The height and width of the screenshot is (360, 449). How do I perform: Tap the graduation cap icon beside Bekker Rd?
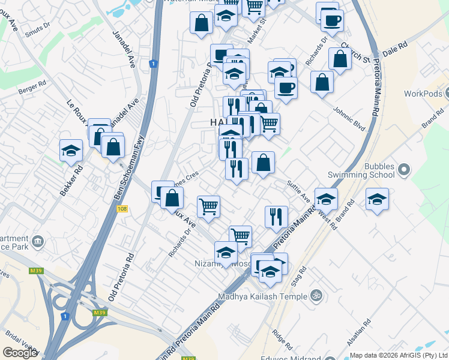click(71, 150)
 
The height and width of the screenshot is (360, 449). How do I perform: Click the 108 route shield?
click(122, 208)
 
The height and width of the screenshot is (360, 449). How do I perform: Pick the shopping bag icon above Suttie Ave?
click(263, 161)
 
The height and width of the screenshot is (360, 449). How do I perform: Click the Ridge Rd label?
click(282, 339)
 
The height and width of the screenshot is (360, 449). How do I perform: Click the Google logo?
click(20, 353)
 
